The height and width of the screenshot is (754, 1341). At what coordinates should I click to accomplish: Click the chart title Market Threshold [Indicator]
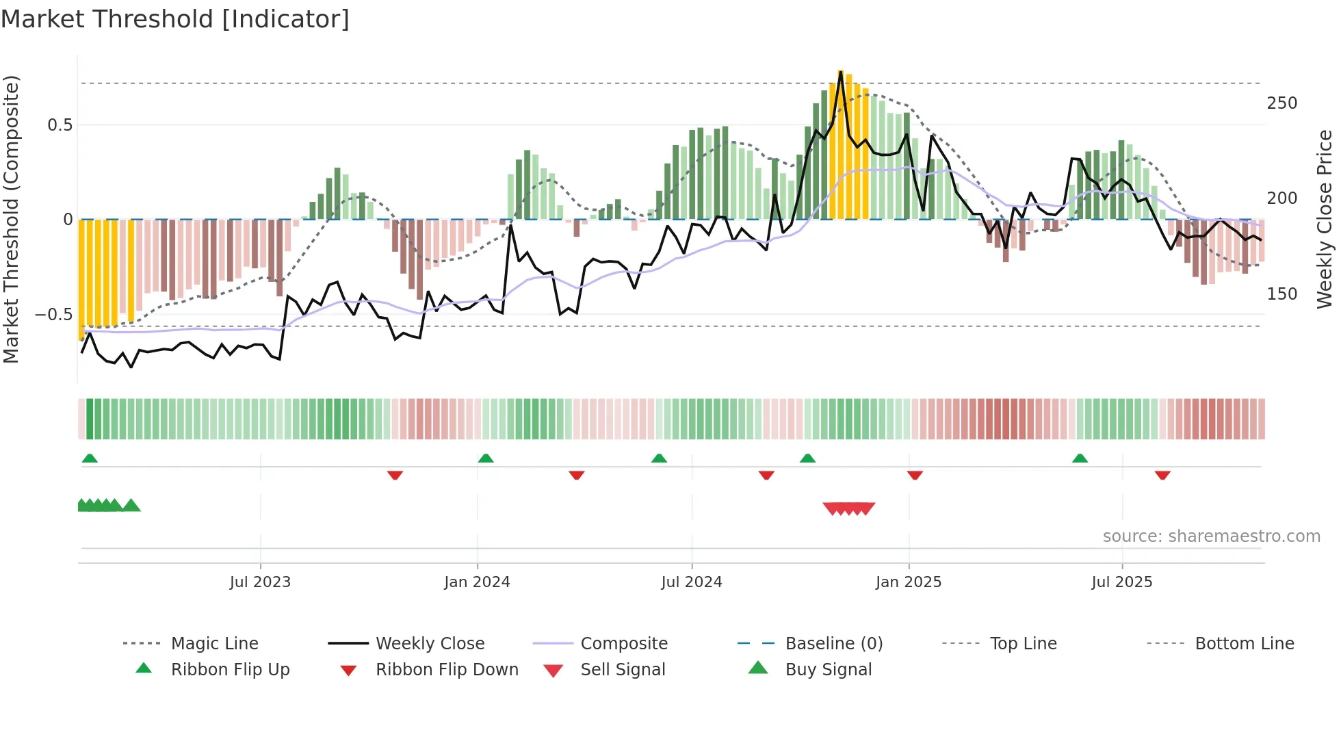[175, 19]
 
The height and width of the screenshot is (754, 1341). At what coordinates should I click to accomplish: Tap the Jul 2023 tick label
[260, 582]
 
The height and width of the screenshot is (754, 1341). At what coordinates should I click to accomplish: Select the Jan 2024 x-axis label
[477, 582]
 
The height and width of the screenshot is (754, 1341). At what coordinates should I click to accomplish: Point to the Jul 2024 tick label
[692, 582]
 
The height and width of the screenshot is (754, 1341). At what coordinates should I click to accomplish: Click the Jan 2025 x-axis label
[909, 582]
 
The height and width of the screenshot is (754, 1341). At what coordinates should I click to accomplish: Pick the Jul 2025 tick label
[1122, 582]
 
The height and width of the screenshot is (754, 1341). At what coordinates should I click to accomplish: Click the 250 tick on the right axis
[1282, 103]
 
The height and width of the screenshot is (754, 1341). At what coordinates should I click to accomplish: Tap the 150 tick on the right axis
[1282, 294]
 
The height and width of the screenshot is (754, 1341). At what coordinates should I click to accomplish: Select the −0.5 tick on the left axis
[53, 315]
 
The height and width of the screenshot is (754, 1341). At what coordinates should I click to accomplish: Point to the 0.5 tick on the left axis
[60, 125]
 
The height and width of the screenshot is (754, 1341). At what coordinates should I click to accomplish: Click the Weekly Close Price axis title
[1325, 219]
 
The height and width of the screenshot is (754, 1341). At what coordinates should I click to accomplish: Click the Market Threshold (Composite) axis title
[11, 219]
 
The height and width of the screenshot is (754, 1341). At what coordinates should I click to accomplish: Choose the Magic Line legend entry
[214, 644]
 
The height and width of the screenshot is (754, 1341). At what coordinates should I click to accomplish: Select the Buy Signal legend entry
[828, 670]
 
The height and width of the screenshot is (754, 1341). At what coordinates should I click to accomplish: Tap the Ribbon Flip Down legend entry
[447, 670]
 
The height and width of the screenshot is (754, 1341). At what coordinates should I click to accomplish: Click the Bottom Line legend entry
[1244, 644]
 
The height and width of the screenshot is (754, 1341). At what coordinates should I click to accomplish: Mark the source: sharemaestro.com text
[1211, 536]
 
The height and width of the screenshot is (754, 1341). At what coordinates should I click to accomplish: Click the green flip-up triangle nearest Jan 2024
[486, 458]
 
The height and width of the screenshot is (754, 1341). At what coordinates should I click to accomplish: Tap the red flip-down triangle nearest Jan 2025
[915, 475]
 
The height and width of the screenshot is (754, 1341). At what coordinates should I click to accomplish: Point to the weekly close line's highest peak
[841, 72]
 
